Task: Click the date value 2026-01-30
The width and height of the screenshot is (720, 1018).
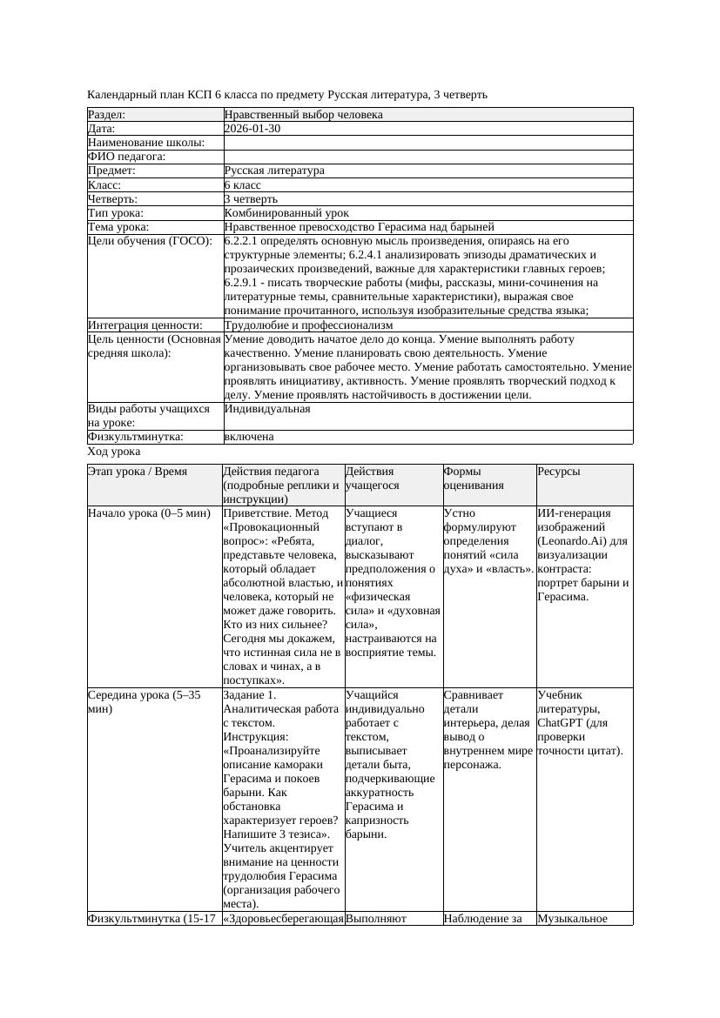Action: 252,129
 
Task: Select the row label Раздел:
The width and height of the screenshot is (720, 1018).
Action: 107,115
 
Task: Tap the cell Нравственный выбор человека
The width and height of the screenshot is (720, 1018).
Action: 303,115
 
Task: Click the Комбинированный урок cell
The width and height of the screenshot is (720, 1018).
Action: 286,213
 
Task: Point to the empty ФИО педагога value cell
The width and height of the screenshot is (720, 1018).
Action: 427,157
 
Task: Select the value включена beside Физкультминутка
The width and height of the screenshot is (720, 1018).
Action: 249,437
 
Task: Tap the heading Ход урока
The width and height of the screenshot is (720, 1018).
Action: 114,452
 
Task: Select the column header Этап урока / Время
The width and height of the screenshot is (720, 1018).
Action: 138,472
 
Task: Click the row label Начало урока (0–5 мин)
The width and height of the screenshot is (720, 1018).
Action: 149,513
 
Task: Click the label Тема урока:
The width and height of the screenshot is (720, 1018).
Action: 118,227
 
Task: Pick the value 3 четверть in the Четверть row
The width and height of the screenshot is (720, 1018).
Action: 251,199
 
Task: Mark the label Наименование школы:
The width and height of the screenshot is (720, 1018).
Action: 146,143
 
